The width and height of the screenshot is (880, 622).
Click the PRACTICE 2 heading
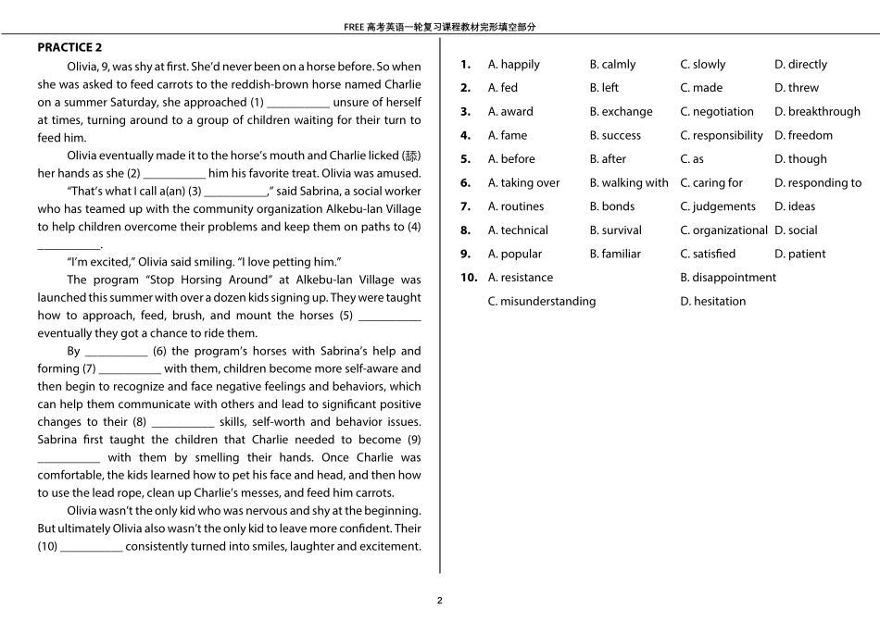[x=69, y=47]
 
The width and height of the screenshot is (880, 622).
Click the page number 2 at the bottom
[x=440, y=600]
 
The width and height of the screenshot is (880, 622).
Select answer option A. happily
[x=513, y=65]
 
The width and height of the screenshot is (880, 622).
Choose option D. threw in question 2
[x=796, y=88]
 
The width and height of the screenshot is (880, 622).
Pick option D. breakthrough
[x=817, y=112]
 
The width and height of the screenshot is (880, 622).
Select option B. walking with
[x=628, y=183]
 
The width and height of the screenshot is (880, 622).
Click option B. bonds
[x=611, y=206]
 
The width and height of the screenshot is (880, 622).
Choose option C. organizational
[x=723, y=230]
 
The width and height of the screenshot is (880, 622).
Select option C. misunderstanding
[x=542, y=302]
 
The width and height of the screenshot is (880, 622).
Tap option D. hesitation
[x=712, y=302]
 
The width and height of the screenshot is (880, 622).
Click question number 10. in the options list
[x=469, y=278]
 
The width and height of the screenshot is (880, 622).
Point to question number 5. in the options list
[x=466, y=159]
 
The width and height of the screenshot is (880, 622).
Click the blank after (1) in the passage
[x=297, y=104]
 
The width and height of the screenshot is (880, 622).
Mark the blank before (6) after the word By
[x=116, y=353]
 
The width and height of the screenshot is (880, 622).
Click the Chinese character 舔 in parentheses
[x=411, y=155]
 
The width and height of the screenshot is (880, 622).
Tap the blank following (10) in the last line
[x=91, y=548]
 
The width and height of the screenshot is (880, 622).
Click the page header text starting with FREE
[x=440, y=27]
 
